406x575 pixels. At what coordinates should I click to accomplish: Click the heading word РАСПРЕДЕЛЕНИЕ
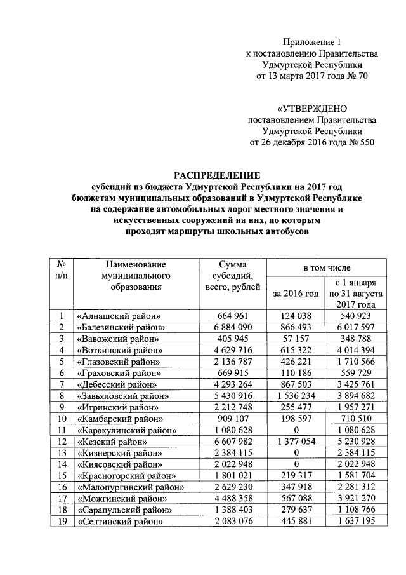(218, 175)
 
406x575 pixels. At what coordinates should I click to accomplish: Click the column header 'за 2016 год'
(295, 294)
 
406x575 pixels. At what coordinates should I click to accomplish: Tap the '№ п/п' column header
(62, 269)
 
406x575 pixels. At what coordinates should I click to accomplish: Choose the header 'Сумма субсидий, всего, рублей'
(233, 276)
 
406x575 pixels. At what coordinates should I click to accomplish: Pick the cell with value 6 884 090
(233, 327)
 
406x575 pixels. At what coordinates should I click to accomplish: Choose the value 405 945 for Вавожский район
(233, 339)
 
